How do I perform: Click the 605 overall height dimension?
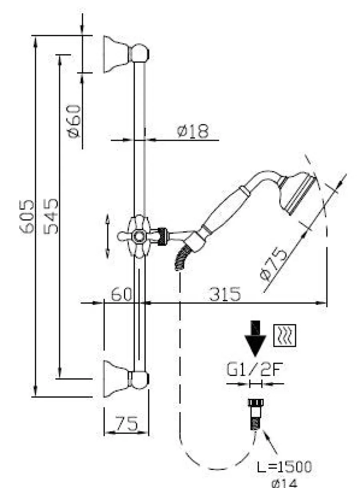(26, 216)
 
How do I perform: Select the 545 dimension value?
(51, 216)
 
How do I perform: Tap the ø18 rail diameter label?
(193, 131)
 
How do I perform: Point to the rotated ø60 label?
(74, 121)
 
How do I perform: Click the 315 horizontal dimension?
(225, 294)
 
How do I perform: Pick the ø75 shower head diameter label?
(274, 263)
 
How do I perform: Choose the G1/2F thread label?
(255, 369)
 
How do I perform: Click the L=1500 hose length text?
(284, 466)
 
